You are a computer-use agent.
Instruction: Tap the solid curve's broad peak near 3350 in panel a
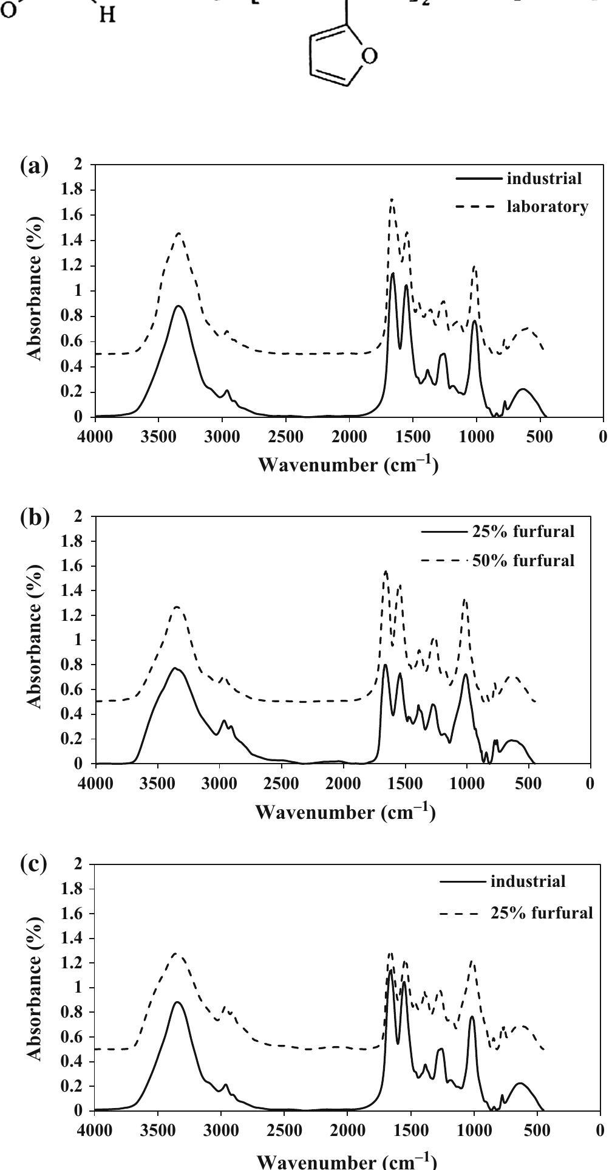pyautogui.click(x=178, y=306)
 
